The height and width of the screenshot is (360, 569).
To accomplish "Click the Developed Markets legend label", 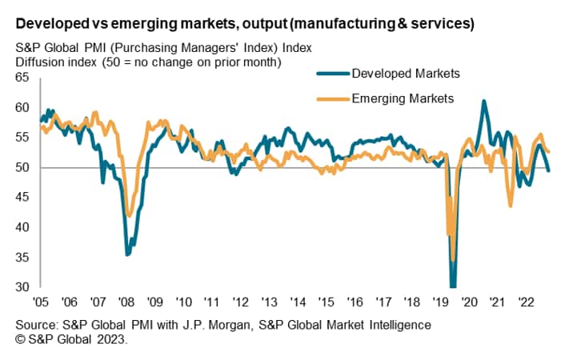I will coord(406,74).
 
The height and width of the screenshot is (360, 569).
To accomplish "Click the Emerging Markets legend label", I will coord(403,99).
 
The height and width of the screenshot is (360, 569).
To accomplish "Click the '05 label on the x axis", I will coord(39,302).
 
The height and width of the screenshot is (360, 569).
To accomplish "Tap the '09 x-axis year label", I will coord(154,302).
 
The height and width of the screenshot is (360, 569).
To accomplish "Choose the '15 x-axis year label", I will coord(326,302).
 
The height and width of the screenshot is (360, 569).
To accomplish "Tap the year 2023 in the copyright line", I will coord(111,339).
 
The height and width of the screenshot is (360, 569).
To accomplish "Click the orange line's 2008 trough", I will coord(129,216).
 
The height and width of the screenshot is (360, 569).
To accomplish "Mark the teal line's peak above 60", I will coord(483,101).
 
